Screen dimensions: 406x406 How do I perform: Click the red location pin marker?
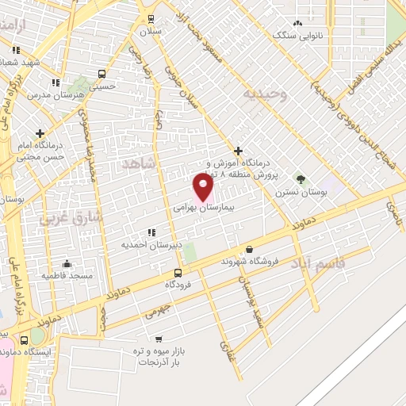(203, 186)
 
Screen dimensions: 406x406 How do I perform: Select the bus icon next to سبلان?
(151, 19)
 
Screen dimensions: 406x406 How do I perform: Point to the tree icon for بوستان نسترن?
(300, 179)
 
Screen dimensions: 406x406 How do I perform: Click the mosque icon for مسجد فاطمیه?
(67, 263)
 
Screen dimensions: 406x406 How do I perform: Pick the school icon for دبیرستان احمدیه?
(151, 233)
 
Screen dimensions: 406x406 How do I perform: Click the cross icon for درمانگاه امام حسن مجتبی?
(39, 133)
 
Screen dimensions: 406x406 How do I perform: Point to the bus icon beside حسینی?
(101, 74)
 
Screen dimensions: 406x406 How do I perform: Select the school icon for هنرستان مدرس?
(56, 82)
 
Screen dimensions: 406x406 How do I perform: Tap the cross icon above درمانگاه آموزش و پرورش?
(238, 151)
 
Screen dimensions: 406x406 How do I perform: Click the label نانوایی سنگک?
(297, 35)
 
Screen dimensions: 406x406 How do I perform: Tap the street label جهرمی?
(157, 311)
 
